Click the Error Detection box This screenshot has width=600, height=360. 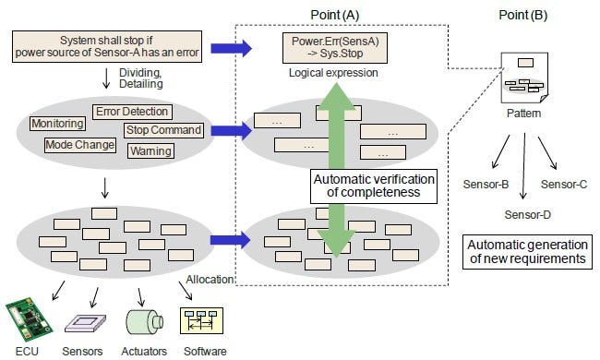[x=131, y=112]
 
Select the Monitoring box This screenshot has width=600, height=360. [x=58, y=124]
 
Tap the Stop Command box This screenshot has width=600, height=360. [x=163, y=130]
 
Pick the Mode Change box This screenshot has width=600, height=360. [x=80, y=145]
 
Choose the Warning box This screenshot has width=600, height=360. [x=150, y=150]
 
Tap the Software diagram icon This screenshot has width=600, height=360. [x=200, y=320]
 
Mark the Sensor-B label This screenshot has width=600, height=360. [x=486, y=185]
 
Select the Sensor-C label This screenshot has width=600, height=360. [x=564, y=185]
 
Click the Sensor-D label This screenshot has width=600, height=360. [x=527, y=214]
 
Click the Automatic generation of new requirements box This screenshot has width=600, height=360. [x=525, y=252]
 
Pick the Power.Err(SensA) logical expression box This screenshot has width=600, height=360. [x=330, y=47]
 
